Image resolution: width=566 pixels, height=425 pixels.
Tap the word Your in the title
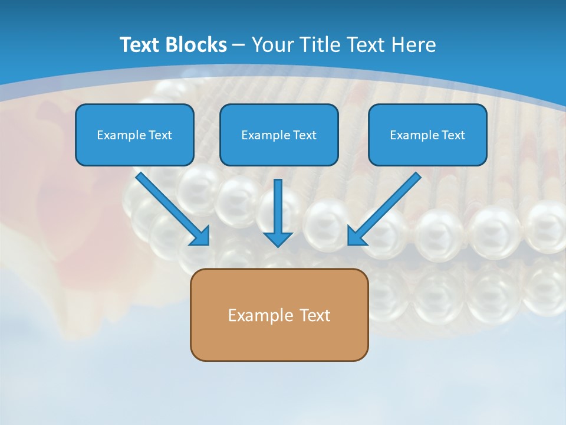pyautogui.click(x=273, y=45)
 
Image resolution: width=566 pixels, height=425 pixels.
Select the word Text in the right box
pyautogui.click(x=453, y=135)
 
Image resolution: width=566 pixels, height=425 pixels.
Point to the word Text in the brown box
pyautogui.click(x=315, y=315)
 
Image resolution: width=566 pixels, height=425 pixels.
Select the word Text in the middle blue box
pyautogui.click(x=304, y=135)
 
